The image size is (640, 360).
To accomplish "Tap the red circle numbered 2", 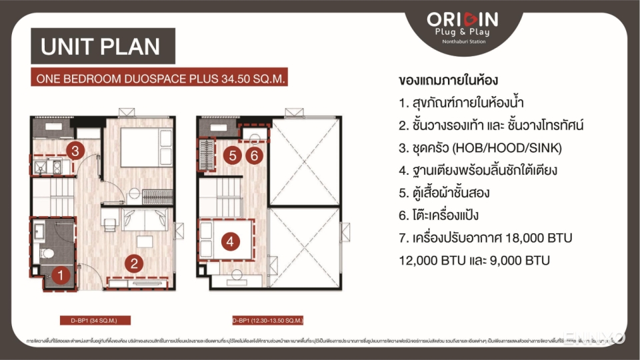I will pos(134,263).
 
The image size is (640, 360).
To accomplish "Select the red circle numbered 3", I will pos(75,151).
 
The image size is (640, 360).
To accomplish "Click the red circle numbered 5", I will pos(232,155).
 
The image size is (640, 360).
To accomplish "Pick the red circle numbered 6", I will pos(253,155).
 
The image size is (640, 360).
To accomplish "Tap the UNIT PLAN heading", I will pos(101,47).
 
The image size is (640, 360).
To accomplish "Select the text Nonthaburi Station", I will pos(465,42).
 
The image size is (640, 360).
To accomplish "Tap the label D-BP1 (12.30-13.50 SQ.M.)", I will pos(268,320).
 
